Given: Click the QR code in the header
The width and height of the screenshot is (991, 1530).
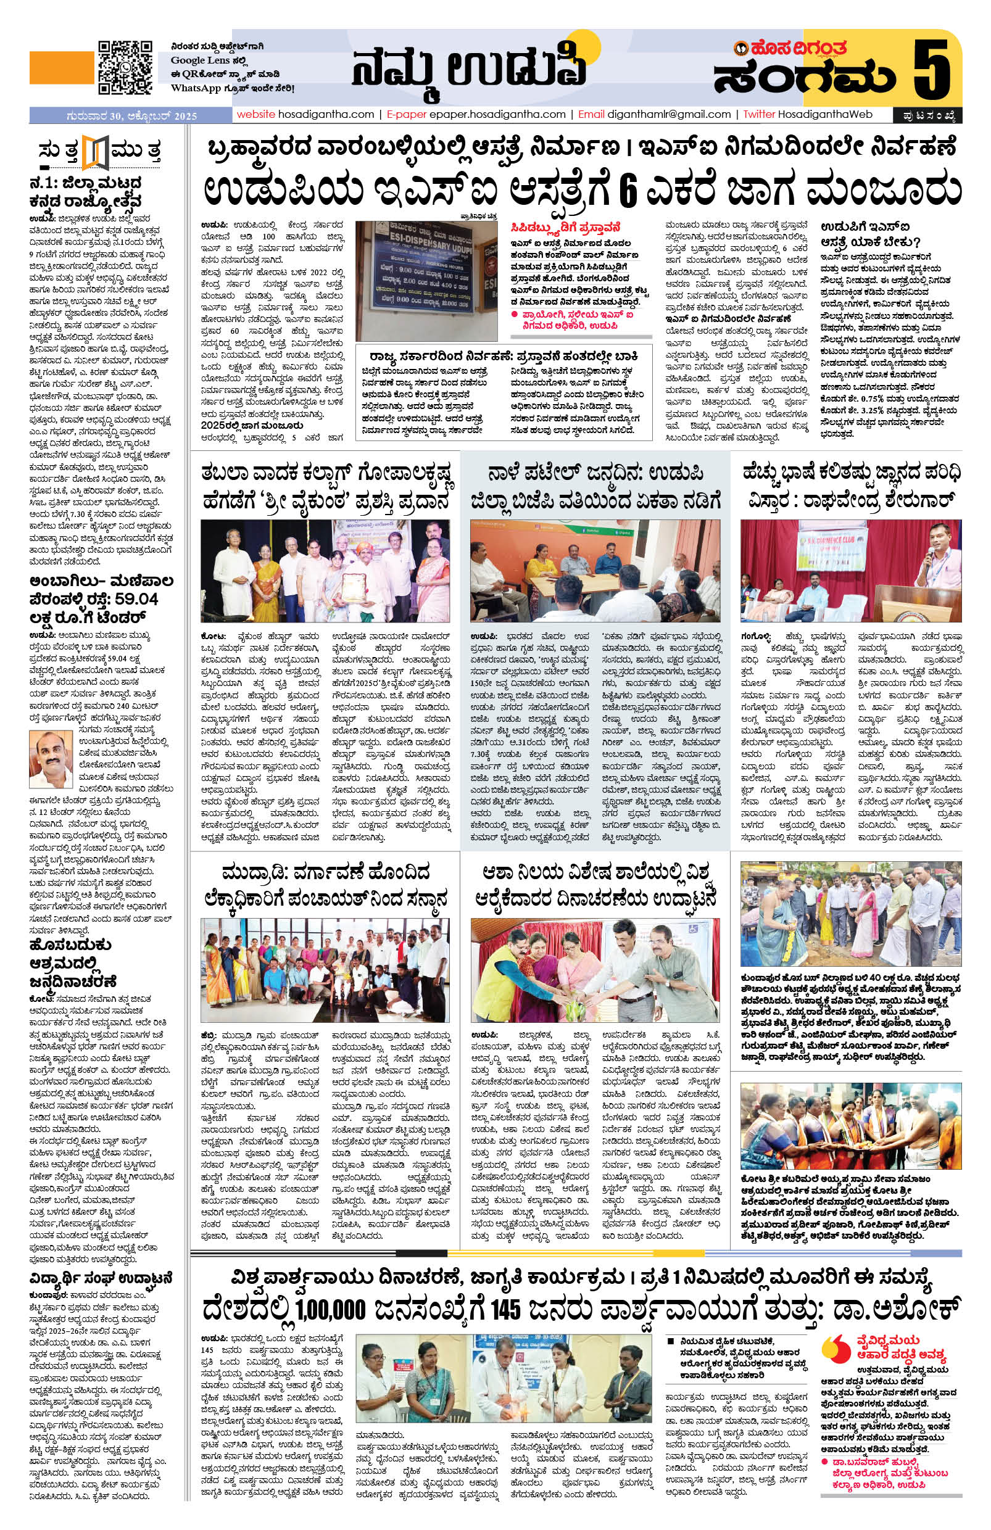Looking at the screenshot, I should tap(124, 67).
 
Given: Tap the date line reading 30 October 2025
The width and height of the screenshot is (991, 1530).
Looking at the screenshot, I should tap(131, 117).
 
